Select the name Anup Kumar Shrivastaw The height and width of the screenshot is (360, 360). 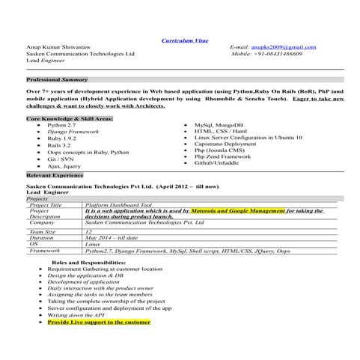[x=60, y=47]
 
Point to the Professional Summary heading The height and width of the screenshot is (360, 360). [x=57, y=79]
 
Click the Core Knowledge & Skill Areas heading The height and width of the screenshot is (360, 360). [x=70, y=118]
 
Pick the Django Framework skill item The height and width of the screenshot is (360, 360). [x=73, y=132]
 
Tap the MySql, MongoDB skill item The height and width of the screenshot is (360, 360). [x=217, y=125]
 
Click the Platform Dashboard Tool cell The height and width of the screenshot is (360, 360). [x=118, y=205]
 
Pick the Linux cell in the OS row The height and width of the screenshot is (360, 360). [x=93, y=244]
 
